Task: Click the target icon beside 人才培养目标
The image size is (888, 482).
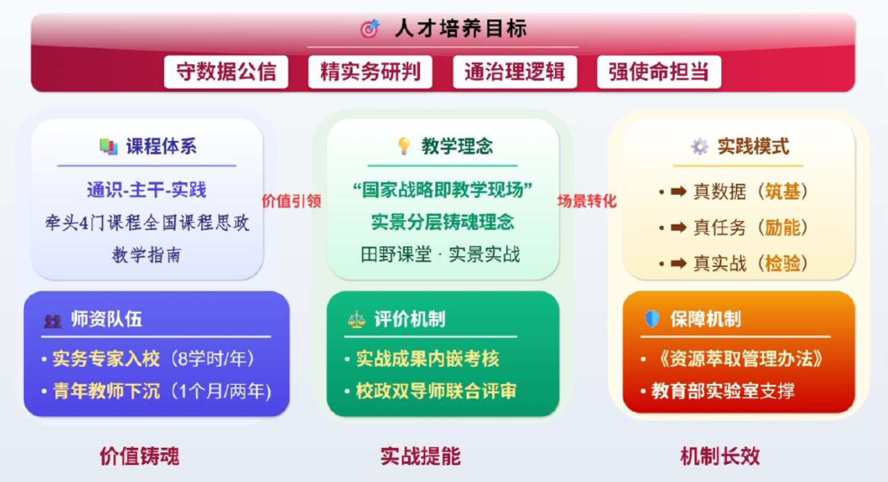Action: (370, 29)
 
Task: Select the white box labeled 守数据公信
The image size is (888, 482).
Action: (226, 72)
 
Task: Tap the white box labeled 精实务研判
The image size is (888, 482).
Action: (370, 72)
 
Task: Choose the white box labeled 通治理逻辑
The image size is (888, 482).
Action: (515, 72)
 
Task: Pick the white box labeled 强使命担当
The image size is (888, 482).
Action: (659, 72)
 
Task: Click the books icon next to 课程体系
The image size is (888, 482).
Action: (108, 146)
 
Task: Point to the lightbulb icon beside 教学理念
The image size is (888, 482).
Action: (404, 146)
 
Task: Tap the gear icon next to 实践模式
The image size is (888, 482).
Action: (699, 147)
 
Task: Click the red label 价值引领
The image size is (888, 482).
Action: (292, 201)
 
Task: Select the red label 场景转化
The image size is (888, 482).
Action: (587, 201)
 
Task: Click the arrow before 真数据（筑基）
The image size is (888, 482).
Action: (678, 192)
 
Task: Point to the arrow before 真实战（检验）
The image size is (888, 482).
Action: (678, 263)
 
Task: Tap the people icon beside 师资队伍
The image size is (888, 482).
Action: (53, 321)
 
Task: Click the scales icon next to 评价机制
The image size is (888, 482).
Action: (356, 320)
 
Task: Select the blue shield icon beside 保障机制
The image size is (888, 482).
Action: (652, 319)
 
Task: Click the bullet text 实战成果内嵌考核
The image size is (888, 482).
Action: (428, 359)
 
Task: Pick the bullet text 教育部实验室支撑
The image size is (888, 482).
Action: (723, 391)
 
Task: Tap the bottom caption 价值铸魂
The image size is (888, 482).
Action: (140, 456)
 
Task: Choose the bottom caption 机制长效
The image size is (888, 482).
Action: (720, 456)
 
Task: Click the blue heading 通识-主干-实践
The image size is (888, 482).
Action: (147, 190)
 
